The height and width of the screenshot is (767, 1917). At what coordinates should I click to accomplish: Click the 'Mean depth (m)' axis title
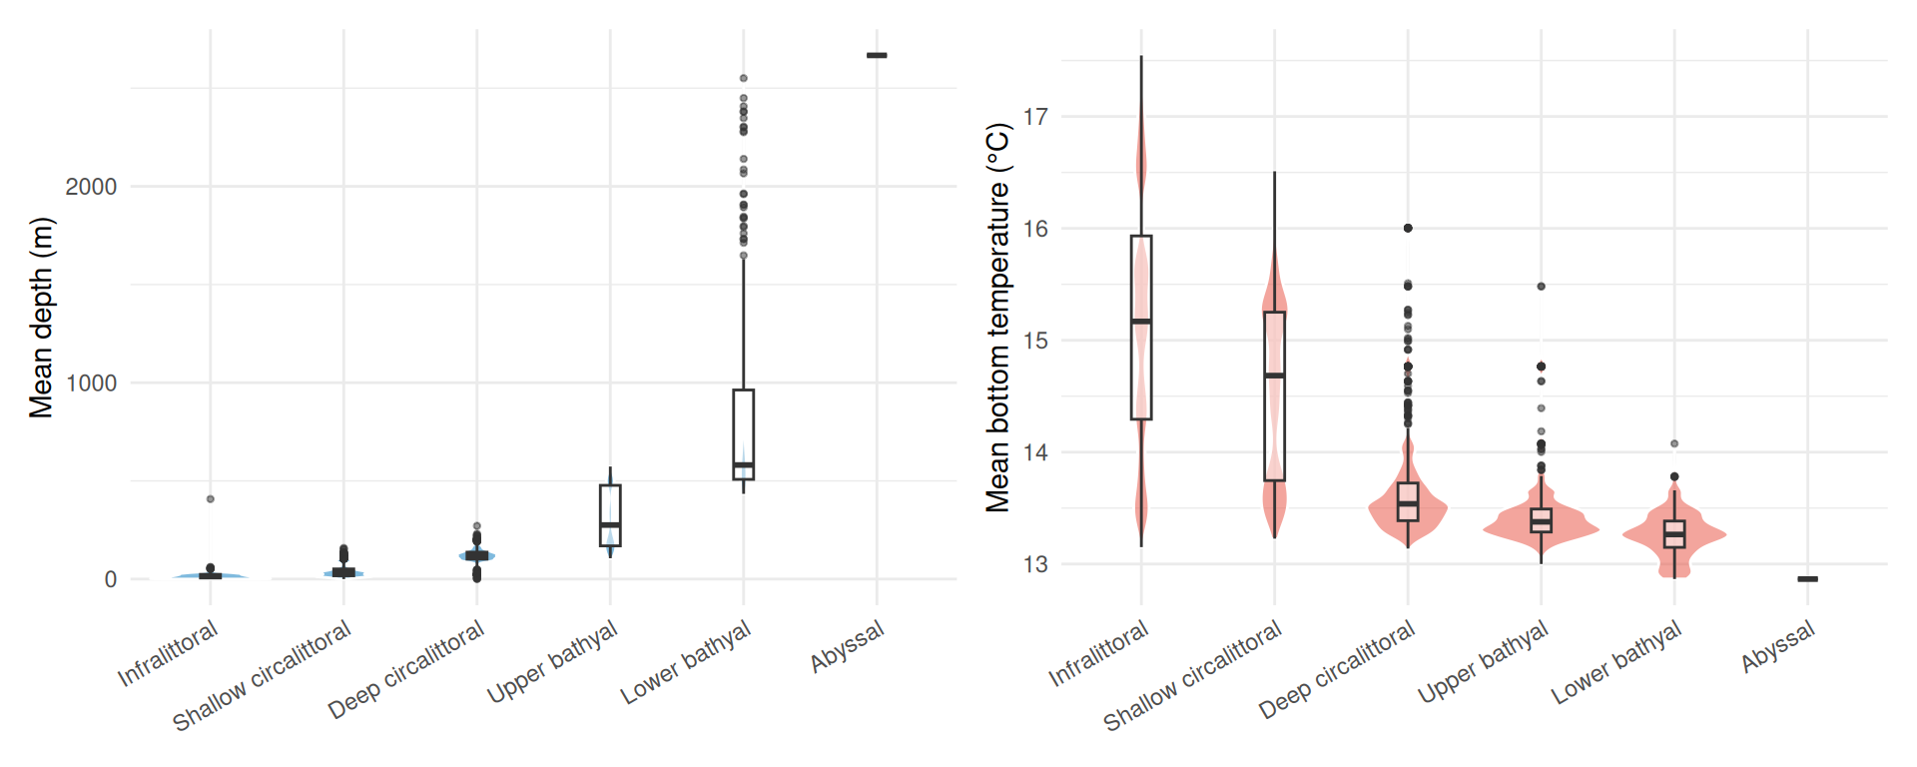[x=41, y=318]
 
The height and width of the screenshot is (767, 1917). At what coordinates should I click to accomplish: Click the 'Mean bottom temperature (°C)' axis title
[x=998, y=318]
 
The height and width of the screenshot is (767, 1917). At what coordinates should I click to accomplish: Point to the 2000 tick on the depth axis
[x=91, y=187]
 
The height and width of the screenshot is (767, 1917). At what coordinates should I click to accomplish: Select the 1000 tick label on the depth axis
[x=91, y=383]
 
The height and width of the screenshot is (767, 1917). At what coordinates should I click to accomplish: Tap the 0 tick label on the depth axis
[x=110, y=580]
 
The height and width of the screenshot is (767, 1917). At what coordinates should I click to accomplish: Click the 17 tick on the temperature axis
[x=1035, y=117]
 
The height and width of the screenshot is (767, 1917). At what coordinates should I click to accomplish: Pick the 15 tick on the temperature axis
[x=1035, y=341]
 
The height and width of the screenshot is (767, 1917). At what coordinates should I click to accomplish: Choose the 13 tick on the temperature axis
[x=1035, y=564]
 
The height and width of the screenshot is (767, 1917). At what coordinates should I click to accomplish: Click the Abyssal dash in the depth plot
[x=877, y=55]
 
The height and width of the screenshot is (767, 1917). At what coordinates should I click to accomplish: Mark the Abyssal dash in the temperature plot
[x=1807, y=579]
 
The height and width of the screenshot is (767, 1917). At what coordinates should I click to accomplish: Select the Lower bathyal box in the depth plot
[x=743, y=434]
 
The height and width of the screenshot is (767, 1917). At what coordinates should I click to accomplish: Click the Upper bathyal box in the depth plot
[x=610, y=515]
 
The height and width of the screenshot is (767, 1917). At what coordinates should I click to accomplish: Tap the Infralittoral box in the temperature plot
[x=1141, y=328]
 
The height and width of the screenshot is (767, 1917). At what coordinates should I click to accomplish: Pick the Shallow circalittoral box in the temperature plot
[x=1274, y=396]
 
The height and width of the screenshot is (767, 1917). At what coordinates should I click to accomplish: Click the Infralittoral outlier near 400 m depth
[x=210, y=499]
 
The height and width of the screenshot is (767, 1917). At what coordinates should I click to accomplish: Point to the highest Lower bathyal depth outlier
[x=743, y=78]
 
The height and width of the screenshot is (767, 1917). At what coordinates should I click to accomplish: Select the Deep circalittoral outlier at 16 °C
[x=1408, y=228]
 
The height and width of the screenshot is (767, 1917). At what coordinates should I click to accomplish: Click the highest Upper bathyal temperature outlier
[x=1541, y=287]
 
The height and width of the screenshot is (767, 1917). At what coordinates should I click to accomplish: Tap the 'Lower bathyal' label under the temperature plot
[x=1617, y=662]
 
